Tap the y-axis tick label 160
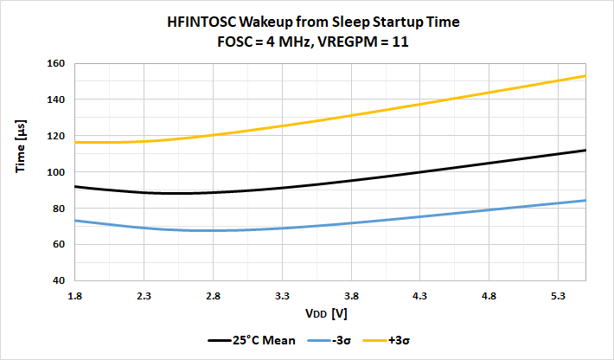click(57, 63)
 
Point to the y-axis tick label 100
click(57, 172)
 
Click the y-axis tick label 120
click(57, 136)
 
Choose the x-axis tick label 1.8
click(75, 296)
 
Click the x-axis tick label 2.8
click(213, 296)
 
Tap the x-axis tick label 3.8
click(351, 296)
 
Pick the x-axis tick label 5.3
click(558, 296)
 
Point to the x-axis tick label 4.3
click(420, 296)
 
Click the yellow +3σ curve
click(346, 116)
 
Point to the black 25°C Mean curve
click(346, 181)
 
